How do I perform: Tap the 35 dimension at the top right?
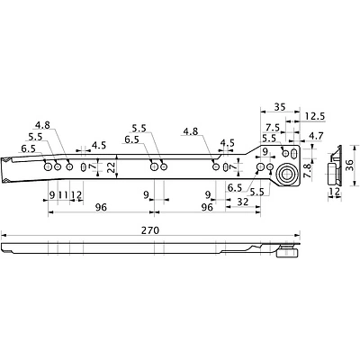(279, 107)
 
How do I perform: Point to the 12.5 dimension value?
(315, 116)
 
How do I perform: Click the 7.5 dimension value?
(273, 127)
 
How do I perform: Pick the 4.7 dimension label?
(315, 136)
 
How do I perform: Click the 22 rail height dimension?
(111, 166)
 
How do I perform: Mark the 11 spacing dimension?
(64, 195)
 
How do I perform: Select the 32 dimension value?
(242, 202)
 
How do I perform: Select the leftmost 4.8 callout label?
(41, 124)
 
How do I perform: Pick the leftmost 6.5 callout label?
(29, 148)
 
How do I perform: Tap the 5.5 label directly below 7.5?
(268, 138)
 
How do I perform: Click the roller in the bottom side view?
(288, 255)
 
